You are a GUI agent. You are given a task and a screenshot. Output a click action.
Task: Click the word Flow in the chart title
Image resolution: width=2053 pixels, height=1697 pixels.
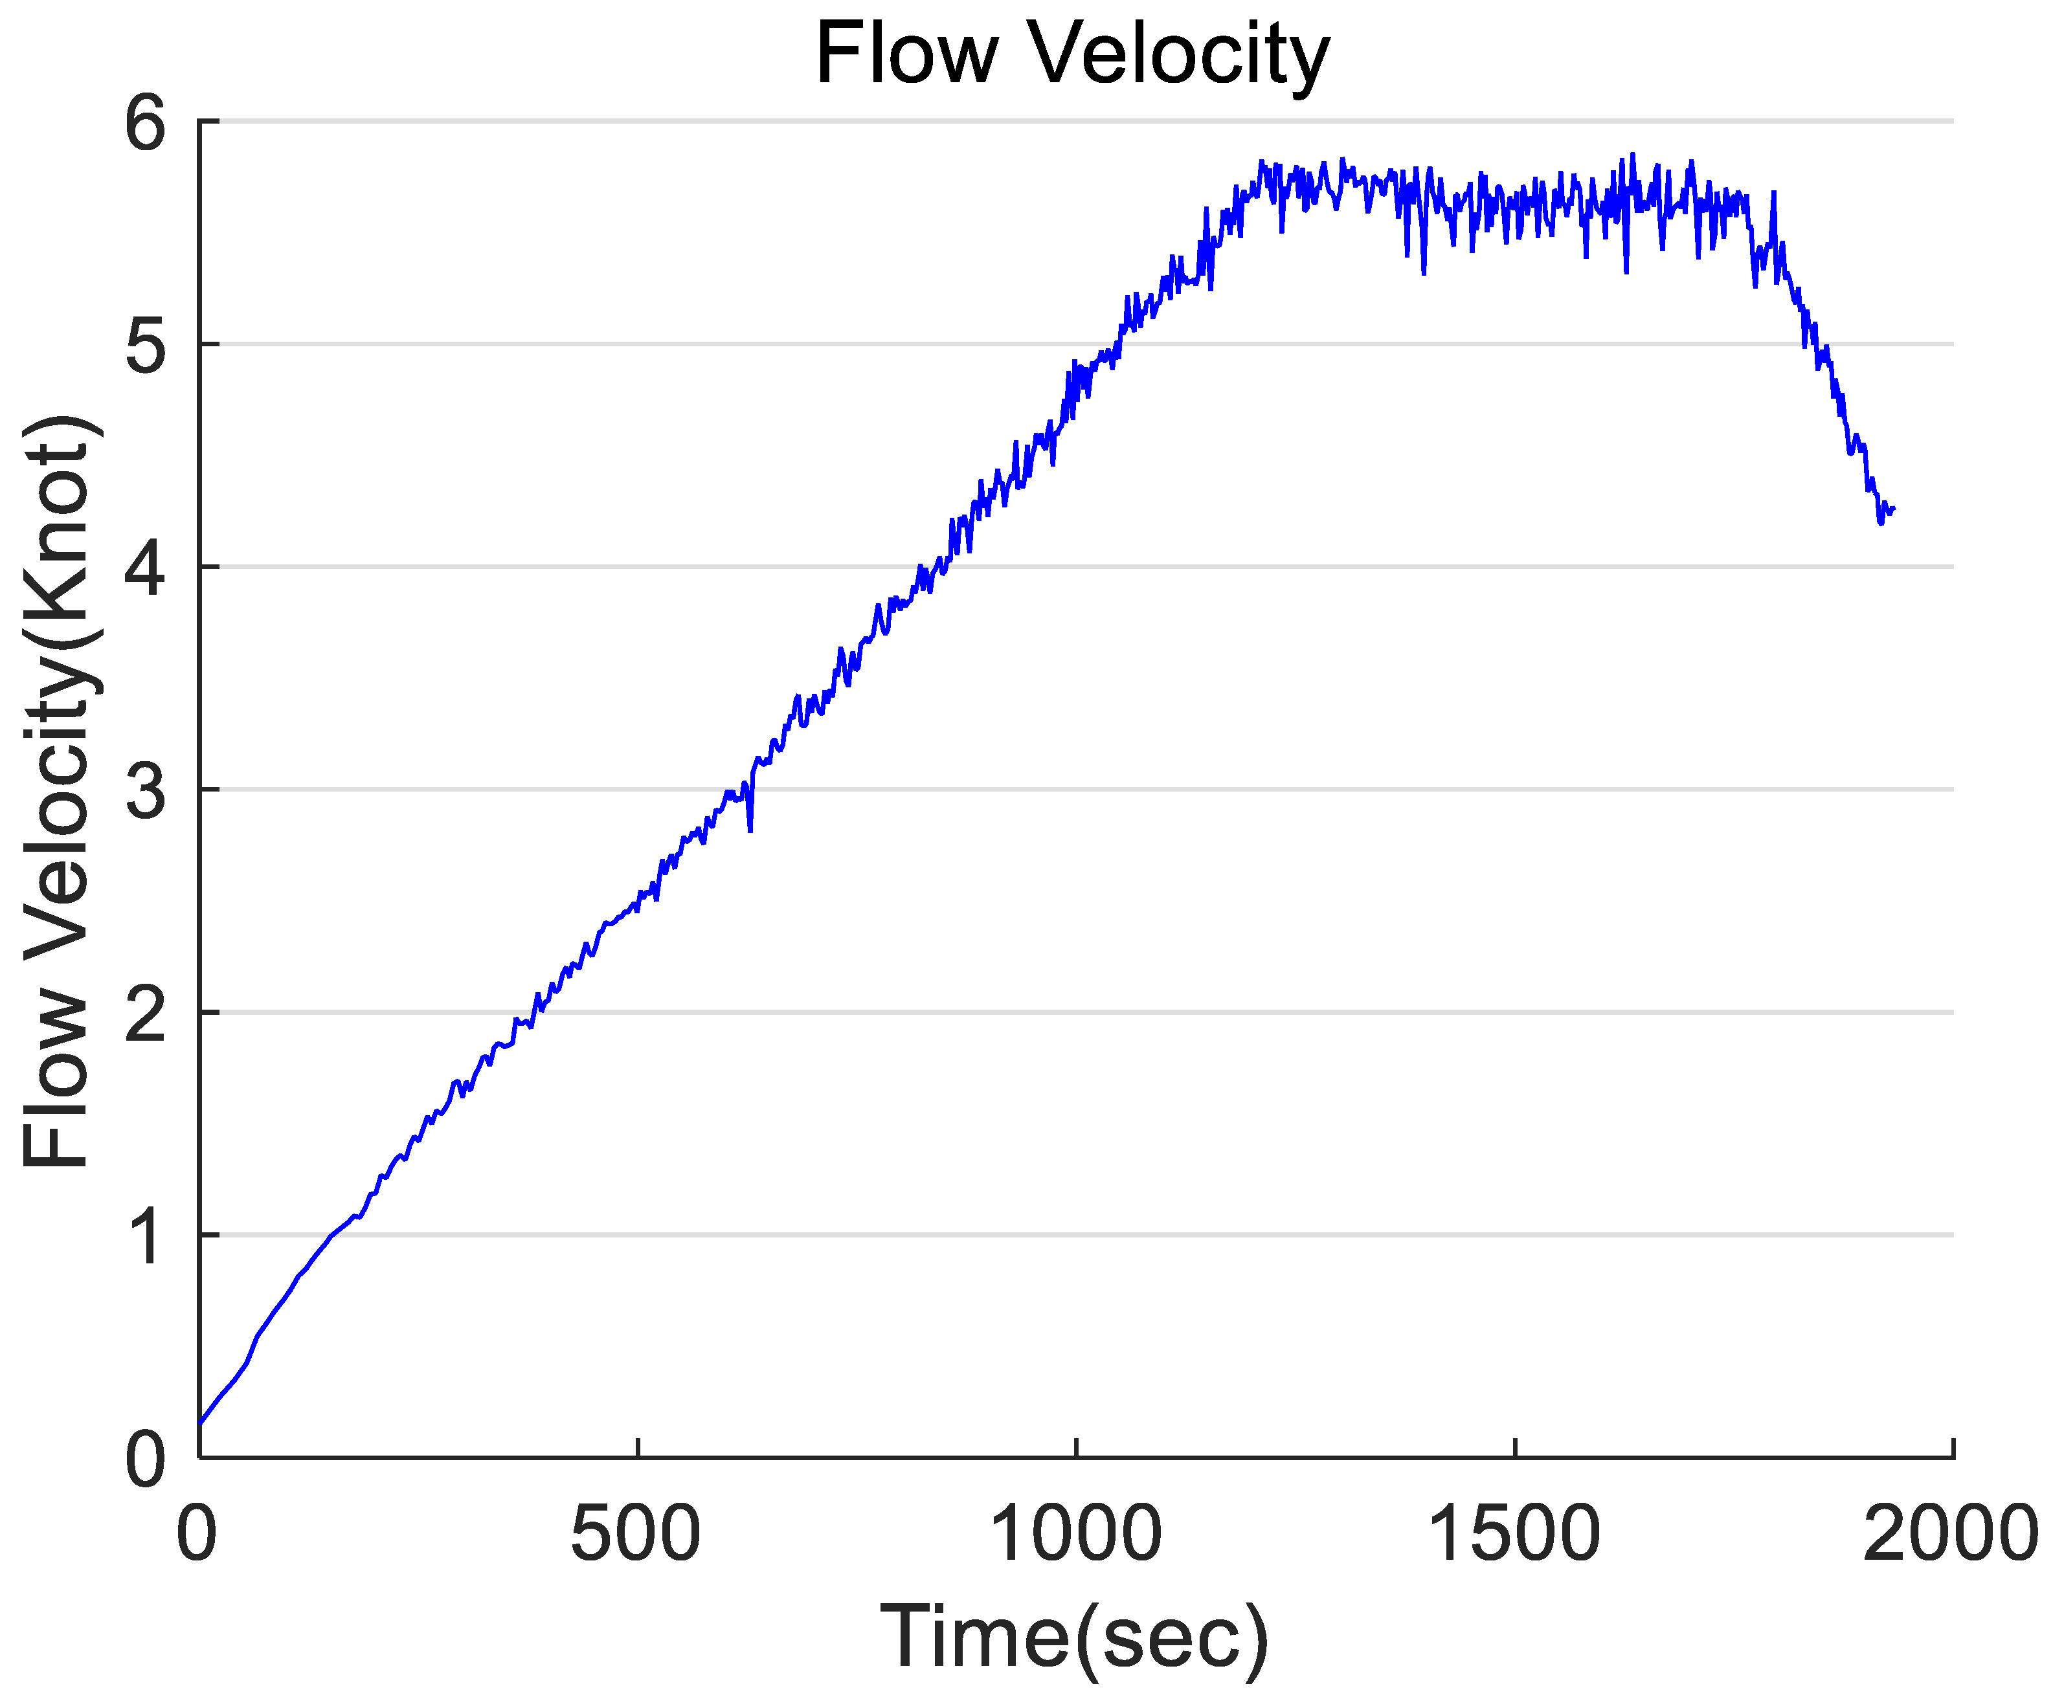pos(905,55)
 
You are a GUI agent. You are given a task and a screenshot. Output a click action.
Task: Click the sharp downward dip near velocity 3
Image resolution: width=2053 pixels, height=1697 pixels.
pos(750,830)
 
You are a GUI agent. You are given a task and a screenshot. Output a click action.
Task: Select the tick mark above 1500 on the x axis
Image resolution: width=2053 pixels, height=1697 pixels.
pos(1514,1448)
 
